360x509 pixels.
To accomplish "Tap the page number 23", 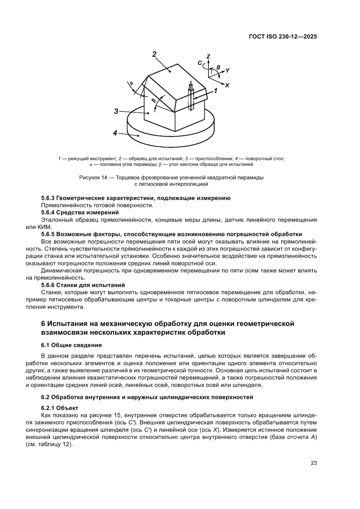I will (x=313, y=463).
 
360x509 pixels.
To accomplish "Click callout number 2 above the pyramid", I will (x=154, y=54).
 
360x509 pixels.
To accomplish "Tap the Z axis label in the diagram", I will (x=209, y=57).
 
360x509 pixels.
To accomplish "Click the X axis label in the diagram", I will (x=226, y=85).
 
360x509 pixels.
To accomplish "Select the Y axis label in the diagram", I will (x=227, y=70).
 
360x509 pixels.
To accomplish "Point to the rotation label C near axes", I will (x=199, y=63).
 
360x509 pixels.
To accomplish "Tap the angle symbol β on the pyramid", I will (x=153, y=101).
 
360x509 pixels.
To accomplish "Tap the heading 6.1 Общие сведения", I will (x=71, y=345).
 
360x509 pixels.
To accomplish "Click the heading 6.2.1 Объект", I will (x=59, y=408).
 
